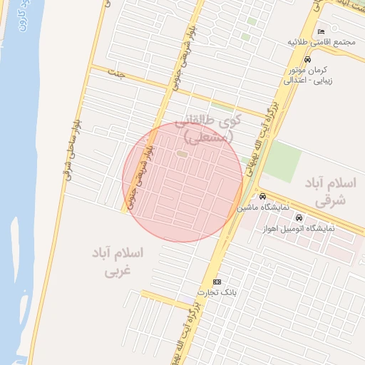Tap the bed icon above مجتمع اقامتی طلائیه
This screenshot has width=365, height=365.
click(321, 31)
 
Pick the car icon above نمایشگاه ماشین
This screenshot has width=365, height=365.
click(262, 197)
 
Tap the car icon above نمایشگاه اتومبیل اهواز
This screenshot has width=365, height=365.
click(299, 217)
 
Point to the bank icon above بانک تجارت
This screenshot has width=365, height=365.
click(217, 282)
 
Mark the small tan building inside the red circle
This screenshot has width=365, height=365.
click(182, 153)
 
